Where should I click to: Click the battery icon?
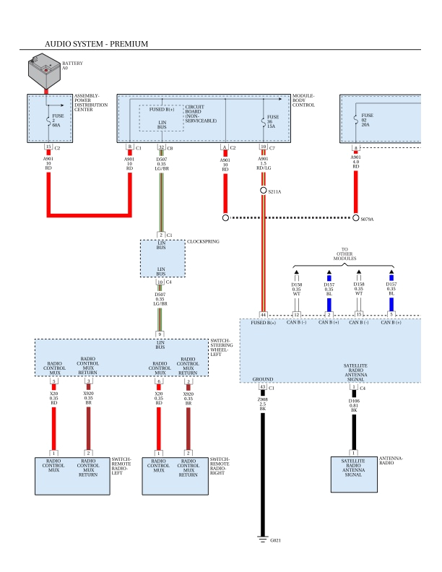44,71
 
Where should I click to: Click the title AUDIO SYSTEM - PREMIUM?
96,44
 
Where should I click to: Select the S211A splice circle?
264,191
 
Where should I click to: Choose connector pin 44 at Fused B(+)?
264,315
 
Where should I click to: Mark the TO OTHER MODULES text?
344,255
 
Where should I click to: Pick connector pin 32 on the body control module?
161,147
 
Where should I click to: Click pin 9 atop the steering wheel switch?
161,334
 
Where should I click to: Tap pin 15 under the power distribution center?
48,147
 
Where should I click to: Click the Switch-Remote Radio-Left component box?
72,475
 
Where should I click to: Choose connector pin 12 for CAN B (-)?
296,315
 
